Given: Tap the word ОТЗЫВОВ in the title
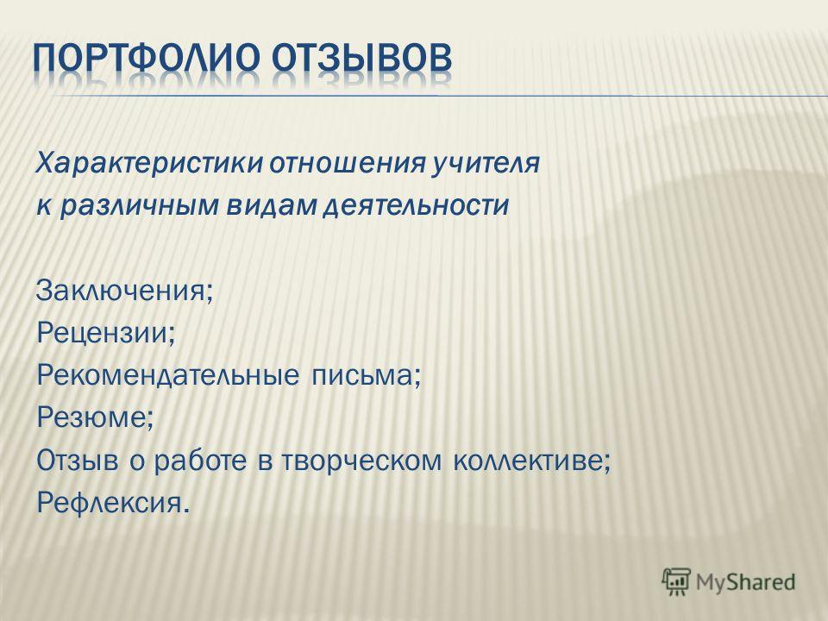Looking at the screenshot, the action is pos(361,57).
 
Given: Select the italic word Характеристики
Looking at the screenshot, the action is pos(149,164).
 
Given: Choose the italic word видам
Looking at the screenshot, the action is pos(270,204).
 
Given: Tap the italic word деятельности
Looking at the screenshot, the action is pos(416,205).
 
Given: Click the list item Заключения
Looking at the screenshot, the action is pos(124,290).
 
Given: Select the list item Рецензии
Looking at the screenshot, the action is pos(105,333).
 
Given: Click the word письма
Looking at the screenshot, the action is pos(366,375).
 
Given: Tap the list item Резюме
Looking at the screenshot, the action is pos(95,417).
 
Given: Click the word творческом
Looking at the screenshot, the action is pos(361,461).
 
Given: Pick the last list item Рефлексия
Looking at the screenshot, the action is pos(112,502).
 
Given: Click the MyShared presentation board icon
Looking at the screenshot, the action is pos(676,581).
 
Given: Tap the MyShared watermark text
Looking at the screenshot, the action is pos(745,582).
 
